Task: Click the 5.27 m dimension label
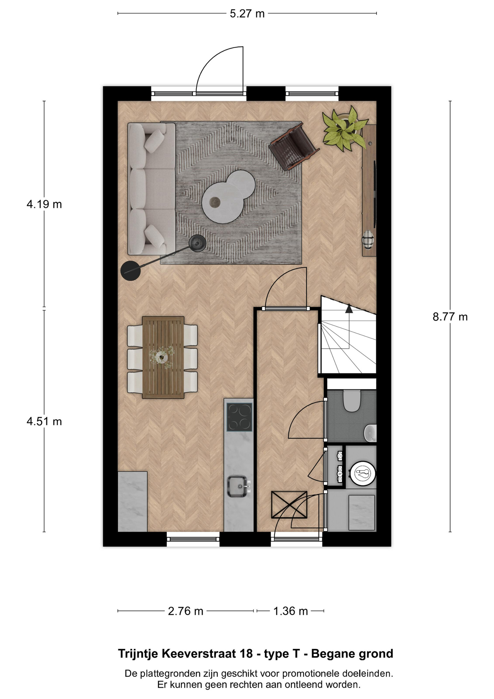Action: [x=247, y=14]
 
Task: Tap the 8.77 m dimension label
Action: [x=450, y=317]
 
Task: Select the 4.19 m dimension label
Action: [x=44, y=204]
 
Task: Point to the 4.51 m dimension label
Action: [x=44, y=421]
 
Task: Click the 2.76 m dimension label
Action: [x=186, y=611]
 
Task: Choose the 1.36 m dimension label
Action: [x=291, y=611]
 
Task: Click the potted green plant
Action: [x=344, y=128]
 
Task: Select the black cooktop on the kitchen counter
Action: [x=239, y=417]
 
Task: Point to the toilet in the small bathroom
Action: [x=352, y=401]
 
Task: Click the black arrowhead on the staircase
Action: [x=349, y=309]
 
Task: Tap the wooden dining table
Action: [x=163, y=358]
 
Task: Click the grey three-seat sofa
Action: [x=151, y=189]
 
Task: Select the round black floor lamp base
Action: [x=130, y=271]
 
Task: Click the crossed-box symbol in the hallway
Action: [x=289, y=505]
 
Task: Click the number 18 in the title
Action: [x=246, y=654]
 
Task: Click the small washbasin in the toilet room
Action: [x=370, y=433]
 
